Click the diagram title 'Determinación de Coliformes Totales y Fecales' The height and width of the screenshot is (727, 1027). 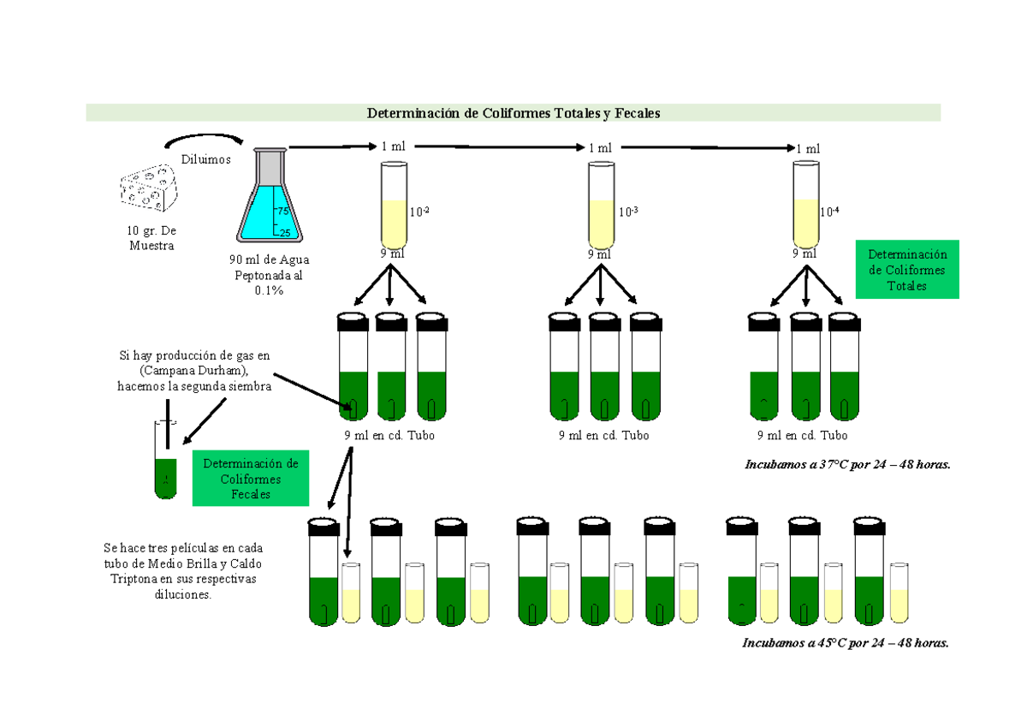pyautogui.click(x=513, y=113)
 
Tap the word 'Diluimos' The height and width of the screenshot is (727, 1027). pyautogui.click(x=205, y=158)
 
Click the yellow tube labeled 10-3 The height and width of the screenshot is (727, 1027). pyautogui.click(x=601, y=206)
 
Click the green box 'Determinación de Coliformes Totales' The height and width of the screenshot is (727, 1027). pyautogui.click(x=906, y=270)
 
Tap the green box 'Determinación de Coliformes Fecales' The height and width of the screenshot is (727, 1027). pyautogui.click(x=251, y=479)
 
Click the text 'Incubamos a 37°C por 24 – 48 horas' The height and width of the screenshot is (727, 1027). pyautogui.click(x=847, y=465)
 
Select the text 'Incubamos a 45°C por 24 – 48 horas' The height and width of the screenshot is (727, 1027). pyautogui.click(x=846, y=643)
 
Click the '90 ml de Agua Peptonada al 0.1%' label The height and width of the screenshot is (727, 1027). pyautogui.click(x=269, y=275)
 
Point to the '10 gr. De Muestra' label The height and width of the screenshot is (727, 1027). pyautogui.click(x=151, y=239)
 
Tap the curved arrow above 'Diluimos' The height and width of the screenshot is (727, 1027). pyautogui.click(x=204, y=139)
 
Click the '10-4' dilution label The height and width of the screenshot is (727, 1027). pyautogui.click(x=829, y=212)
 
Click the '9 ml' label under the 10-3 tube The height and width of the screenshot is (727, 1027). pyautogui.click(x=600, y=254)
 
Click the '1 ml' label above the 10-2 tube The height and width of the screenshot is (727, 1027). pyautogui.click(x=394, y=147)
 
